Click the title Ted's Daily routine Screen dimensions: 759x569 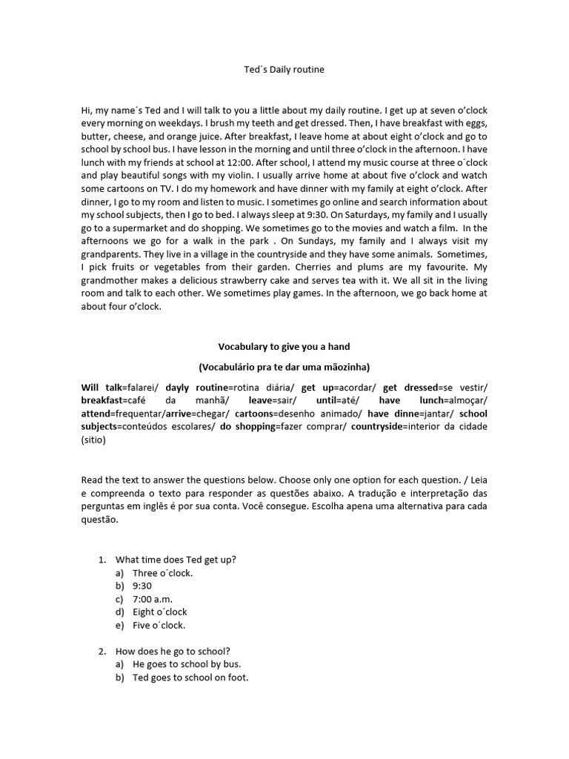[284, 70]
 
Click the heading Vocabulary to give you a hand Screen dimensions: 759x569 [284, 346]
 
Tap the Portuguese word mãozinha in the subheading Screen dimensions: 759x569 [343, 367]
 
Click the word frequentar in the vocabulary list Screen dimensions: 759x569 [142, 414]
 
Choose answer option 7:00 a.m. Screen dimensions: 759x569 [153, 599]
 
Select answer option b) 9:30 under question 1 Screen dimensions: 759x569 [142, 586]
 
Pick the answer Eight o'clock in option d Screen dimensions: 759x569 [160, 612]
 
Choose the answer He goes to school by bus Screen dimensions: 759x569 [187, 664]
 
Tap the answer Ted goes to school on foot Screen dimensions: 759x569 [190, 677]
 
